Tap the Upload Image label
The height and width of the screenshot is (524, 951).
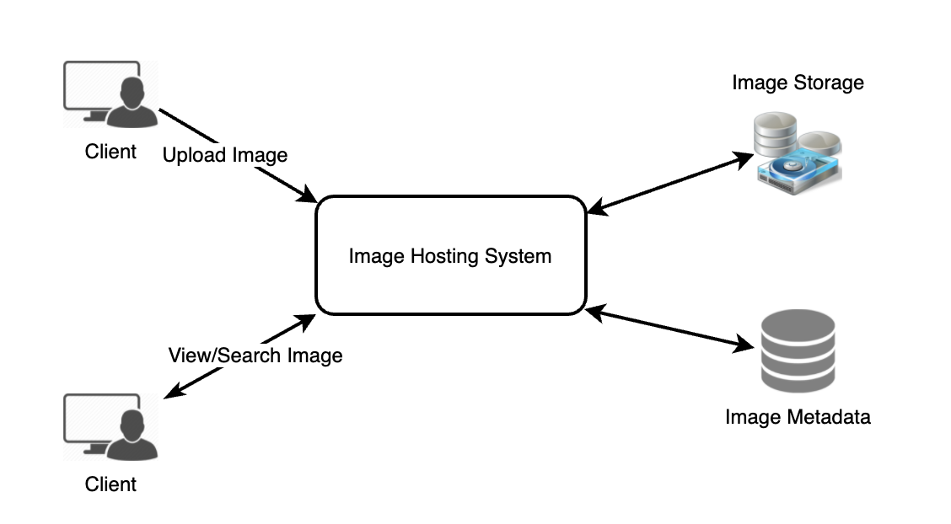[224, 155]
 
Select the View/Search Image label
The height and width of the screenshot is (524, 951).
[255, 355]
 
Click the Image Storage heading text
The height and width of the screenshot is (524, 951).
[798, 83]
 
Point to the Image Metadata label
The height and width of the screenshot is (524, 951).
[797, 416]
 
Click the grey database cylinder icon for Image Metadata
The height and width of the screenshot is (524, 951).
[797, 353]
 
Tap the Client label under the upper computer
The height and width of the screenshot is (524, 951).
[110, 152]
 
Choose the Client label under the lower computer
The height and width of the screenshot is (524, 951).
[110, 484]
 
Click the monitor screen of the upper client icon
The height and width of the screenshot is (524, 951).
[93, 85]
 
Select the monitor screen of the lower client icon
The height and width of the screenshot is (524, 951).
[93, 418]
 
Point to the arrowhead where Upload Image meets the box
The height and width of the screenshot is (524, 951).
[309, 197]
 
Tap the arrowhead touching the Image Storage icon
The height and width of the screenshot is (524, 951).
[745, 158]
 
